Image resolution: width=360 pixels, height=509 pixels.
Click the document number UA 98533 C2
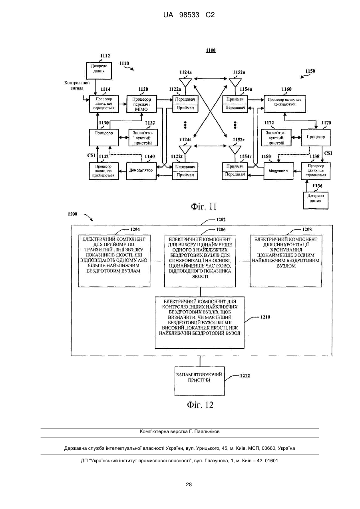click(x=189, y=15)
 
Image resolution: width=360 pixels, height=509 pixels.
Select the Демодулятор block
click(x=141, y=171)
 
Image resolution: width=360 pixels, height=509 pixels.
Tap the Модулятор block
click(x=278, y=171)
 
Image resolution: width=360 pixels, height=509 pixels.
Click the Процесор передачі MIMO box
click(x=141, y=104)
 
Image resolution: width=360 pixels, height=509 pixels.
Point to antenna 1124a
click(x=185, y=83)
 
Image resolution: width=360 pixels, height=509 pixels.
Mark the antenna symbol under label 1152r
click(x=235, y=150)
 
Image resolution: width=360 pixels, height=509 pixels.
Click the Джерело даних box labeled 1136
click(x=316, y=200)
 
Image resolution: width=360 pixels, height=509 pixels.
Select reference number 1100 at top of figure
click(x=211, y=50)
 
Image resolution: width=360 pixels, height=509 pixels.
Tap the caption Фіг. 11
click(x=204, y=206)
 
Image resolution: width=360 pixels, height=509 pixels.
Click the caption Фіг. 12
click(x=200, y=405)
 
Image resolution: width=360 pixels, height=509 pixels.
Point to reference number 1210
click(x=265, y=317)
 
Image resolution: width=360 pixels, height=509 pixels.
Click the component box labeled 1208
click(x=286, y=261)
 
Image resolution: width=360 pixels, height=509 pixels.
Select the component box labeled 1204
click(x=114, y=261)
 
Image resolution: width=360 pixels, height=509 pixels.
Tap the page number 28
click(x=189, y=485)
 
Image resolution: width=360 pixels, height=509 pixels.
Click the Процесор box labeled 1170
click(x=316, y=138)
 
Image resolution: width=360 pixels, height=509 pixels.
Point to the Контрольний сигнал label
click(x=77, y=86)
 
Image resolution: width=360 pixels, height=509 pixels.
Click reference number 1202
click(x=221, y=220)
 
